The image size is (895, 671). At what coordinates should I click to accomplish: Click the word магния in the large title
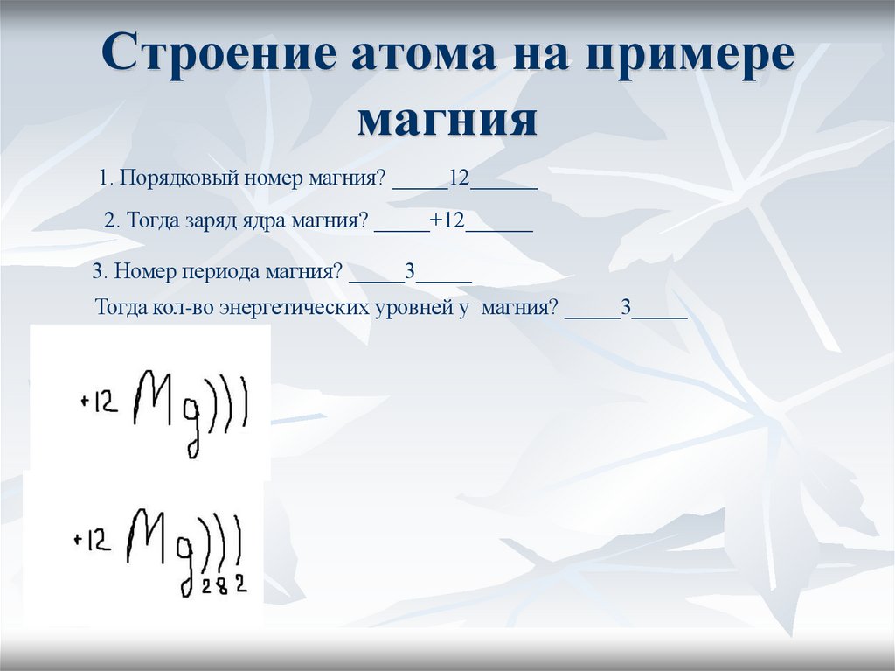pyautogui.click(x=447, y=120)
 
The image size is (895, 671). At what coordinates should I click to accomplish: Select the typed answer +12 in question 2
pyautogui.click(x=447, y=220)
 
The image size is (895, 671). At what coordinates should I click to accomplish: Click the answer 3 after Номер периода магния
pyautogui.click(x=409, y=271)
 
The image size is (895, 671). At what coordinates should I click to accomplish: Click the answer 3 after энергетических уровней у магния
pyautogui.click(x=626, y=309)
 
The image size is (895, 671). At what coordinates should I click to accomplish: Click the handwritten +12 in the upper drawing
pyautogui.click(x=98, y=403)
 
